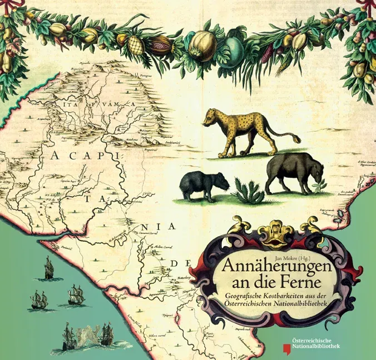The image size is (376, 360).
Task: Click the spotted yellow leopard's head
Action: [x=211, y=117]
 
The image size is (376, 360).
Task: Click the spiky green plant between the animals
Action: [x=247, y=191]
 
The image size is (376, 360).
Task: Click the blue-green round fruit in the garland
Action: [x=229, y=51]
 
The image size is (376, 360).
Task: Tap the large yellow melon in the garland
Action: [x=201, y=45]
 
